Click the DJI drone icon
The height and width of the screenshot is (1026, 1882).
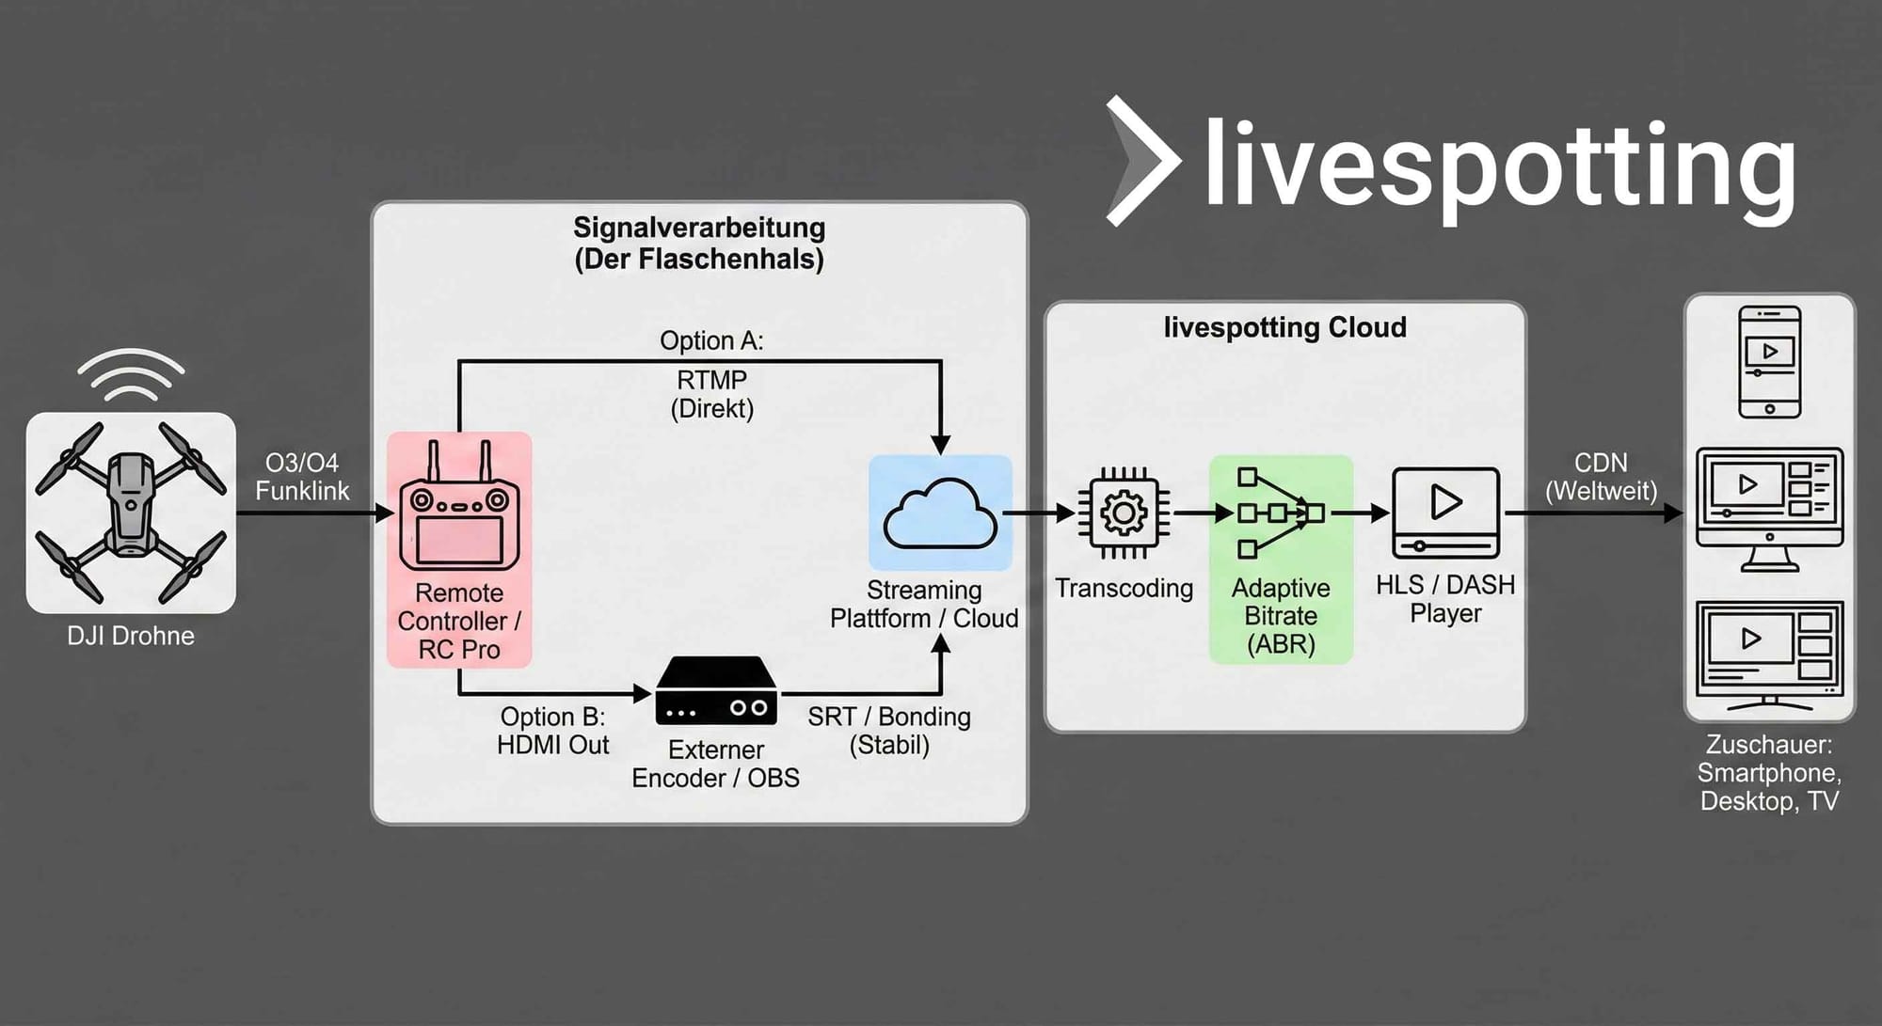tap(131, 513)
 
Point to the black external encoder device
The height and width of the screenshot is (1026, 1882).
tap(716, 691)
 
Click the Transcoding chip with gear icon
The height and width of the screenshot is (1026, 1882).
tap(1124, 513)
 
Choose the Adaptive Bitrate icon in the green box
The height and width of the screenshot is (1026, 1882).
tap(1280, 513)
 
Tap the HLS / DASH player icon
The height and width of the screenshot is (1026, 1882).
tap(1445, 513)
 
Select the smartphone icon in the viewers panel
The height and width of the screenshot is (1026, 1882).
tap(1769, 362)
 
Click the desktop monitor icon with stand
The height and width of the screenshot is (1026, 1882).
tap(1769, 509)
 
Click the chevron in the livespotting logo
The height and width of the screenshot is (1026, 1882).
tap(1141, 161)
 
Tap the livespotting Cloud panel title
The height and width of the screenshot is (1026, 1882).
tap(1284, 327)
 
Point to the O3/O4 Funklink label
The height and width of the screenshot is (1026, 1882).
tap(302, 477)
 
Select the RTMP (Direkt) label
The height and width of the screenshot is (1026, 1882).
tap(711, 394)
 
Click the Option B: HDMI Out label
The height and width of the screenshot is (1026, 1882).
tap(552, 731)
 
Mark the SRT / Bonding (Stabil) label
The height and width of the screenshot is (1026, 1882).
tap(889, 731)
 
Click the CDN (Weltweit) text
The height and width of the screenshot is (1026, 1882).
tap(1601, 477)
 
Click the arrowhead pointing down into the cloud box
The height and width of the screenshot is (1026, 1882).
tap(940, 445)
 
